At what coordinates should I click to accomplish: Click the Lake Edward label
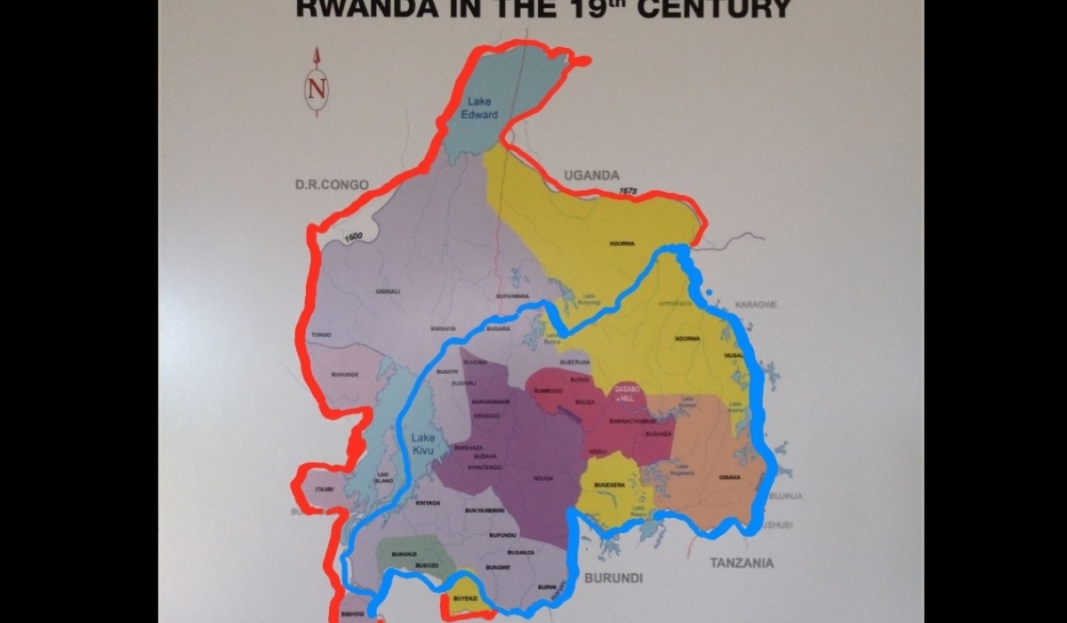tap(479, 108)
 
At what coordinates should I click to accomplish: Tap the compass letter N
tap(317, 90)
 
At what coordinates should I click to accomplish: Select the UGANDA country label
tap(591, 175)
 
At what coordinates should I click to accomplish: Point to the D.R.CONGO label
tap(331, 184)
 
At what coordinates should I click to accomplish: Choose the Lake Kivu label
tap(423, 443)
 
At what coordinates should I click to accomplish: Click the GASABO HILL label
tap(629, 394)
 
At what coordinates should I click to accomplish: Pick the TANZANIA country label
tap(741, 562)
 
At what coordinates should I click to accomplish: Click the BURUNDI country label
tap(613, 578)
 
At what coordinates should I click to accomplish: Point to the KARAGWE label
tap(757, 304)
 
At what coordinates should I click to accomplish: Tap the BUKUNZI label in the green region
tap(404, 554)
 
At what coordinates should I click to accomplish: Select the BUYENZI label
tap(465, 599)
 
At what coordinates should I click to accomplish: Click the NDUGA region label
tap(543, 478)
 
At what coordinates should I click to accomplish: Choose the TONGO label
tap(320, 335)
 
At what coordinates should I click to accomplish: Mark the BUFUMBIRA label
tap(512, 295)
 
